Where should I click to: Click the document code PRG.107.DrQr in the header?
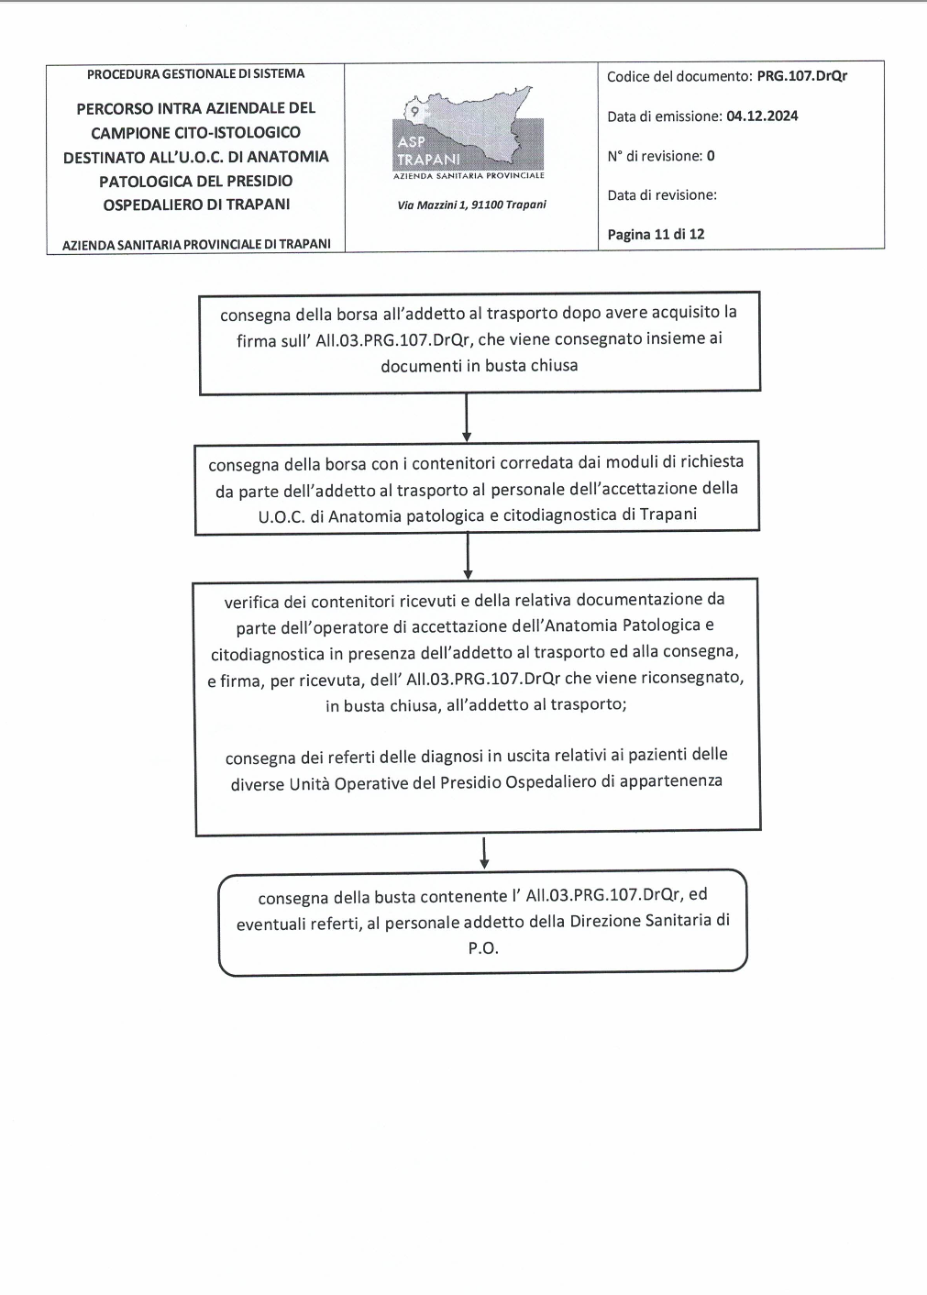801,76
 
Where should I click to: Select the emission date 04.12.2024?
762,116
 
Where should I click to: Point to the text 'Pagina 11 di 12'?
656,234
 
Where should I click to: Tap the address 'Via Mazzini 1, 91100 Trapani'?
471,205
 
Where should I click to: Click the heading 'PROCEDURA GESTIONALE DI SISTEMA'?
195,73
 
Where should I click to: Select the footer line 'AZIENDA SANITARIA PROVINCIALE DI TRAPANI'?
196,245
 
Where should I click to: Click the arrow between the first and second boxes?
467,418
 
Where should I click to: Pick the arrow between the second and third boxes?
468,556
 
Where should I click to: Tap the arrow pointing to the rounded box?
484,852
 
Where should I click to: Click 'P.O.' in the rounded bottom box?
483,948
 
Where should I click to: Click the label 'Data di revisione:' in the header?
662,194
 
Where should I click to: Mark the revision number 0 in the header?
711,156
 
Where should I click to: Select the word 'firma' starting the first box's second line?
256,340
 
